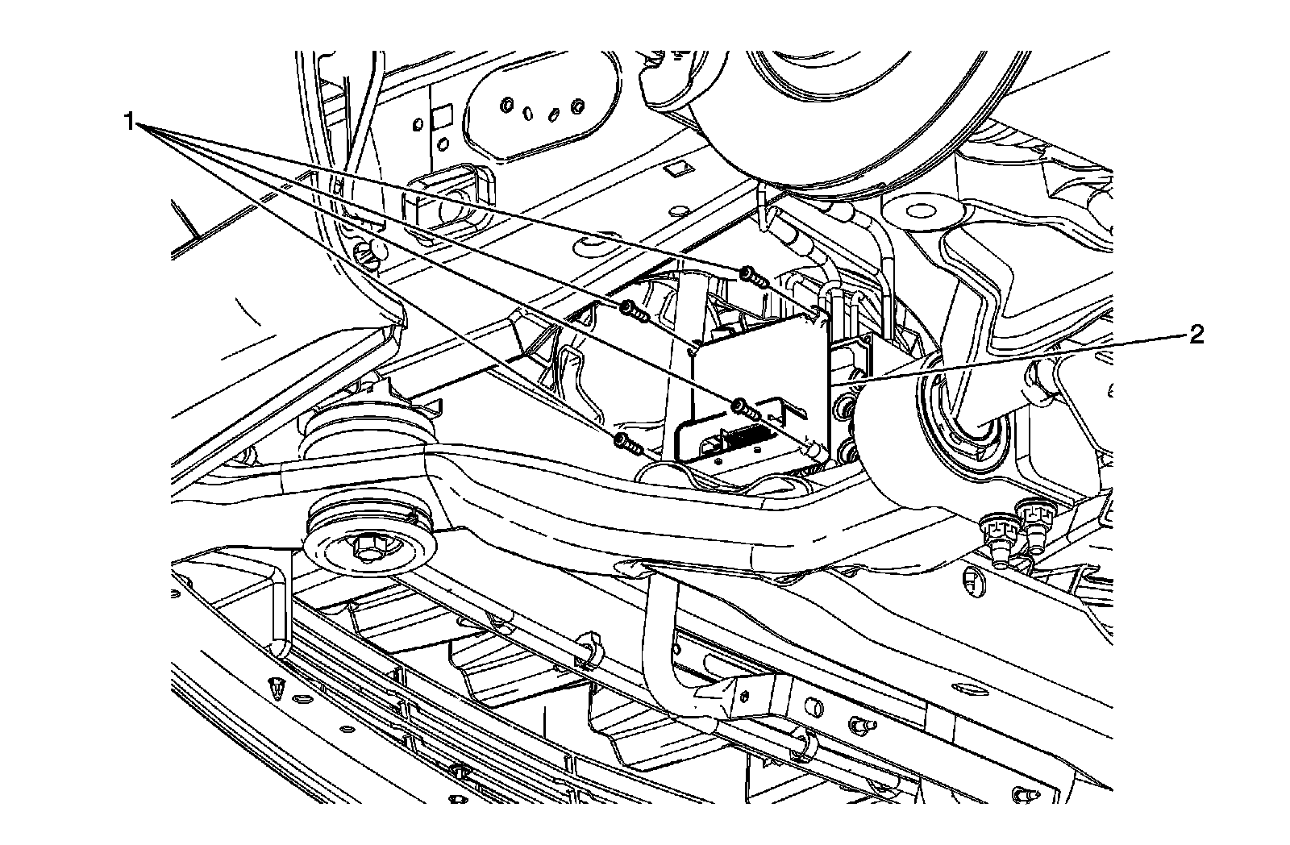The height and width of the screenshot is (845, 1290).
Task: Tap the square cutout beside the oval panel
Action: (440, 118)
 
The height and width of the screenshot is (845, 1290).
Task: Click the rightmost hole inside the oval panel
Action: (576, 106)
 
